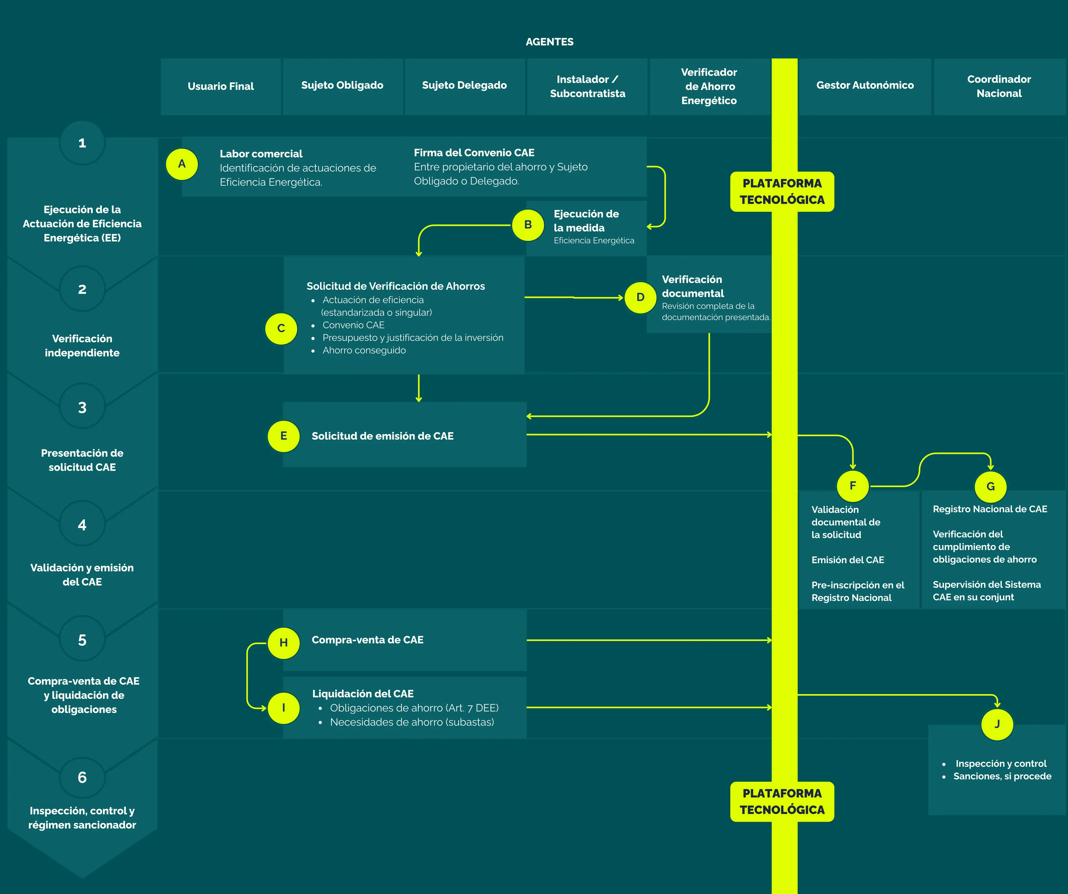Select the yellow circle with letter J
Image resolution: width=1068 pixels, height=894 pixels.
997,724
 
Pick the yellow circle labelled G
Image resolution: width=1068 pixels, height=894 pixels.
990,487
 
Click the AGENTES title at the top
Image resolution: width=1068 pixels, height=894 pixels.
549,42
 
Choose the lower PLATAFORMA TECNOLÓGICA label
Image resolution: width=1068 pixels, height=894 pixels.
782,801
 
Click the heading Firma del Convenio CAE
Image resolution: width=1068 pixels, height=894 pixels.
474,153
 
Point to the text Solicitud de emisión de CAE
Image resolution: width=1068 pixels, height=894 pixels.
382,436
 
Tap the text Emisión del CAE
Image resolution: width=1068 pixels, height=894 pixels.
848,560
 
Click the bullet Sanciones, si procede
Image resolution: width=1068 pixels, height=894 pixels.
1002,776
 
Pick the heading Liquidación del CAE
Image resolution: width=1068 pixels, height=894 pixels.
363,694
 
